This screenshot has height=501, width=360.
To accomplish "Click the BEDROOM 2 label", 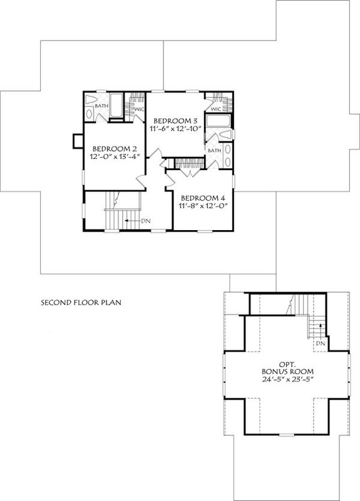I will pos(111,149).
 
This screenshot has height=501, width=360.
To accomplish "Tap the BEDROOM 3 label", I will pos(176,120).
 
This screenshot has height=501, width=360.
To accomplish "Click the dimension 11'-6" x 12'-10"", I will pos(176,129).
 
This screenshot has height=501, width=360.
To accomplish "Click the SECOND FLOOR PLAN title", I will pos(80,303).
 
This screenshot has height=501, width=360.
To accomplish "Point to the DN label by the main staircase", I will pos(145,221).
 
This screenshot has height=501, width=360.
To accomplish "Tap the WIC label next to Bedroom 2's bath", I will pos(140,109).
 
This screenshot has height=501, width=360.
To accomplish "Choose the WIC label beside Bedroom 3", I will pos(216,109).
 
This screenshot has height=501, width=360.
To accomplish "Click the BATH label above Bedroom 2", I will pos(101,106).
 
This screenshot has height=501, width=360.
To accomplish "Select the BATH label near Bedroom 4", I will pos(214,150).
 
